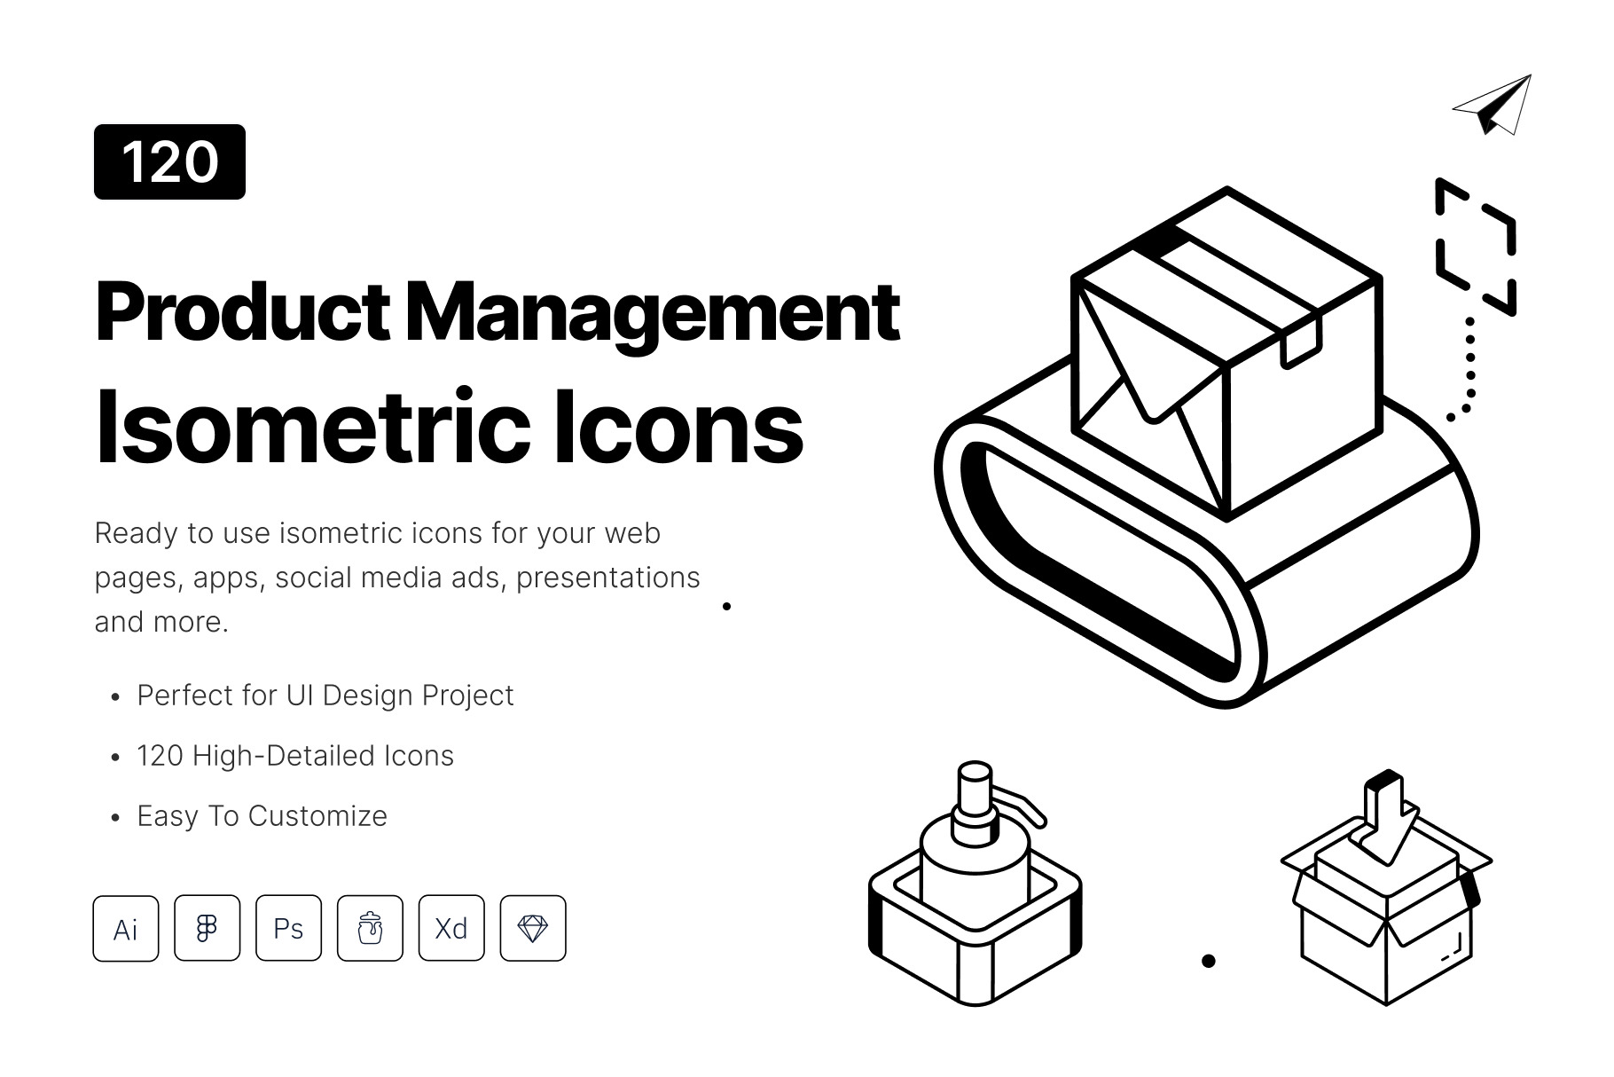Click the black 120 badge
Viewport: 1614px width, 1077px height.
(x=169, y=161)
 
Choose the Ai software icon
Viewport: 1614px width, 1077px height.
(x=126, y=928)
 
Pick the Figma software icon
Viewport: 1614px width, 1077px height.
(x=208, y=928)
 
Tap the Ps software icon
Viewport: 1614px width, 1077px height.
(x=289, y=928)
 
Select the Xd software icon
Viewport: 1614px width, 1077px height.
(x=451, y=928)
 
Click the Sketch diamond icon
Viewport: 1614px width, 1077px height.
(x=533, y=928)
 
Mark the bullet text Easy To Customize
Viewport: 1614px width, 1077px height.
(x=262, y=816)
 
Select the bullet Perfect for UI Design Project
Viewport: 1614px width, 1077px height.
(x=325, y=696)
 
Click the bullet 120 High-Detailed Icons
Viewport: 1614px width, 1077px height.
(x=295, y=756)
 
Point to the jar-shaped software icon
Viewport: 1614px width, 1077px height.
(x=371, y=928)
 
